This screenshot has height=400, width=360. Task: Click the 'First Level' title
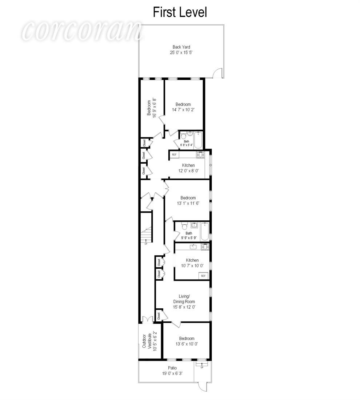(x=180, y=12)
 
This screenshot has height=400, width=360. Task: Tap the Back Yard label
(x=181, y=47)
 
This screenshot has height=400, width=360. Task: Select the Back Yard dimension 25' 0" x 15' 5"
(x=181, y=53)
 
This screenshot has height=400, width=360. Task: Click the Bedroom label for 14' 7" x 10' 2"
(x=183, y=104)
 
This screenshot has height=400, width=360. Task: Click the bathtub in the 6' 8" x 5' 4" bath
(x=198, y=140)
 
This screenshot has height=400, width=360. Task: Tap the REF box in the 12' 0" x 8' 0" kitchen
(x=174, y=155)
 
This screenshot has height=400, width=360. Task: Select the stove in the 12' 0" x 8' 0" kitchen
(x=200, y=155)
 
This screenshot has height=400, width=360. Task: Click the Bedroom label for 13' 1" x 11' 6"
(x=188, y=198)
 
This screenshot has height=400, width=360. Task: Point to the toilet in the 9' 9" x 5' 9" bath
(x=185, y=226)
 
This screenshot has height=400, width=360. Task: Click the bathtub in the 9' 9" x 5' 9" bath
(x=205, y=231)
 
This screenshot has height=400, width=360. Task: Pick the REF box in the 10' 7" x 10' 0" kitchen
(x=203, y=276)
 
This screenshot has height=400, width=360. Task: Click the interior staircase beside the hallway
(x=147, y=235)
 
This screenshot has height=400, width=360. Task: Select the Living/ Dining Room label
(x=184, y=299)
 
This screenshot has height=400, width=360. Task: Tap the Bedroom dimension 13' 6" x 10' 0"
(x=187, y=344)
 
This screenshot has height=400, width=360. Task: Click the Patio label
(x=172, y=368)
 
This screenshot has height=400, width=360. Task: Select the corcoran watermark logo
(x=82, y=31)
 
